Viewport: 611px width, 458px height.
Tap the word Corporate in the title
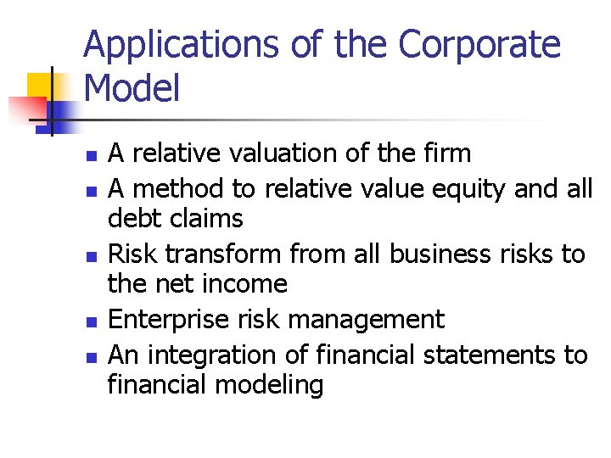(479, 45)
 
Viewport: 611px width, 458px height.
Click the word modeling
(269, 385)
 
